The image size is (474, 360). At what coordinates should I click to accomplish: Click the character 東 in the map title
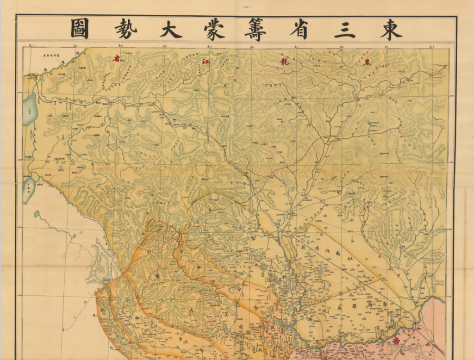[391, 30]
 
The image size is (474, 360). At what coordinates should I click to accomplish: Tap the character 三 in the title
[346, 30]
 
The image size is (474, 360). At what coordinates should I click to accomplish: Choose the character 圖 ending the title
[80, 30]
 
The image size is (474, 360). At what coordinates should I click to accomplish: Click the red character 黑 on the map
[368, 62]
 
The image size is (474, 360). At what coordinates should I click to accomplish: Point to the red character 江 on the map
[204, 61]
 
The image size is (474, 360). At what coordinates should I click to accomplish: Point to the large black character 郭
[370, 301]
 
